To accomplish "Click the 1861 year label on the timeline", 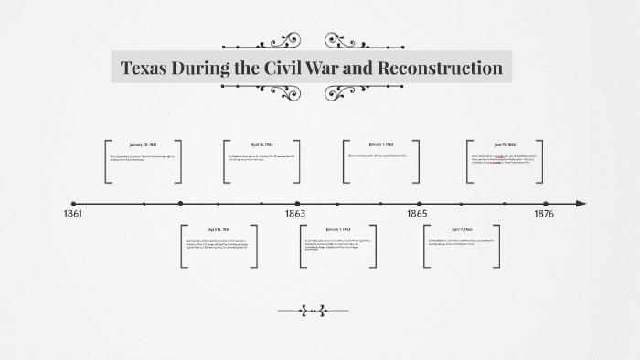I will point(73,213).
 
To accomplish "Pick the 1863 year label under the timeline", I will point(294,213).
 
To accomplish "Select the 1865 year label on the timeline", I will point(417,213).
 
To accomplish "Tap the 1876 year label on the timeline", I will point(544,213).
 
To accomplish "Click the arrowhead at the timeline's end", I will point(581,204).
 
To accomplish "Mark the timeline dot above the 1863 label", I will point(298,204).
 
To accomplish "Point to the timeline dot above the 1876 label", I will point(546,204).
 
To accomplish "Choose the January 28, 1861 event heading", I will point(144,144).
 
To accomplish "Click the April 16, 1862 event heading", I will point(262,144).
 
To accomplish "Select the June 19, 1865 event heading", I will point(505,144).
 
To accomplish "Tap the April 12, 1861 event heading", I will point(219,229).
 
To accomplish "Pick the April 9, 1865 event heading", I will point(462,229).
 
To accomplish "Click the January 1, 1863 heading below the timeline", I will point(338,229).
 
